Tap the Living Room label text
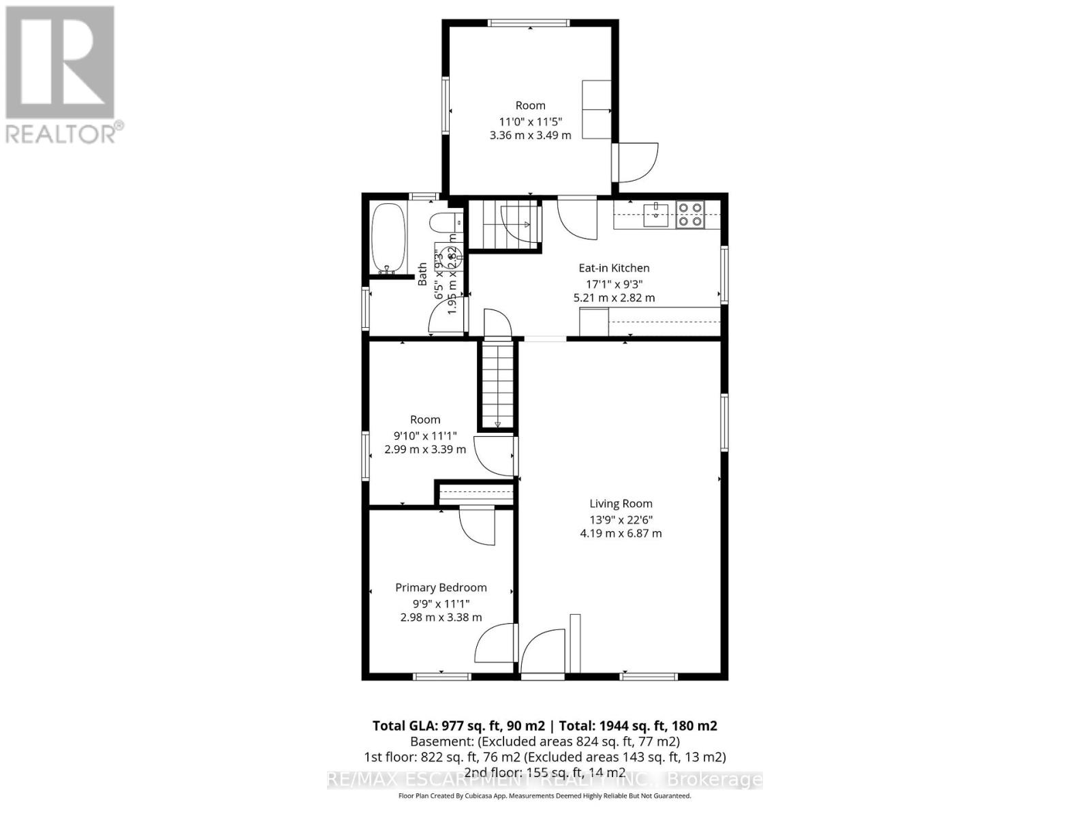[x=621, y=504]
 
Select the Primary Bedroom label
[x=441, y=588]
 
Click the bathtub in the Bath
[x=389, y=239]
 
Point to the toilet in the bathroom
[x=446, y=223]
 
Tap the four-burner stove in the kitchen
[x=689, y=214]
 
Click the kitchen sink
[x=656, y=214]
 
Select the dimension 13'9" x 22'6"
[x=621, y=519]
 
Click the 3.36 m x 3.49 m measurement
[x=530, y=135]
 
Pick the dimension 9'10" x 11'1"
[x=425, y=436]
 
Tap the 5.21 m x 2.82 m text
[x=614, y=298]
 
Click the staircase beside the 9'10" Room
[x=497, y=385]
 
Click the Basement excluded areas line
[x=544, y=741]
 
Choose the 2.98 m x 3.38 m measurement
[x=441, y=618]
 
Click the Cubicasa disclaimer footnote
[x=544, y=796]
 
